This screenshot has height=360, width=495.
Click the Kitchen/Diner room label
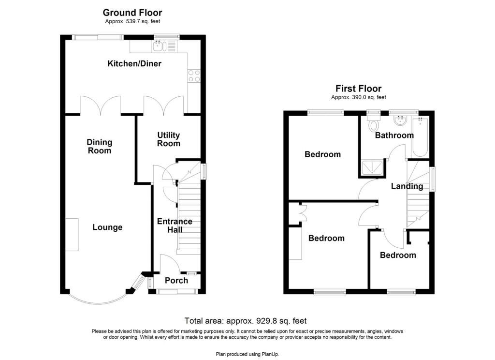pos(134,63)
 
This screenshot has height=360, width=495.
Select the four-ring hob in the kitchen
pos(194,75)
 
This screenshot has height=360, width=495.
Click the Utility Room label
pos(169,139)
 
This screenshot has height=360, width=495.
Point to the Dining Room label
pos(100,146)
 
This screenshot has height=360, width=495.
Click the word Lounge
pos(107,227)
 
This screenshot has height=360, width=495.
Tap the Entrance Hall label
pos(175,225)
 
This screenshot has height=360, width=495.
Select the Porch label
pos(176,280)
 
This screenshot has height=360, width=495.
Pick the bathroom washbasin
pos(401,120)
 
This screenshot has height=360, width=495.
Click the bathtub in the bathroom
pos(420,136)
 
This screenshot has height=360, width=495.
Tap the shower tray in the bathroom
pos(372,167)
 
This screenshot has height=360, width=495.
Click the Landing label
pos(407,186)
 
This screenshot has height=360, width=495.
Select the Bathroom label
pos(394,135)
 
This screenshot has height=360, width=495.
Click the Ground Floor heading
pos(132,13)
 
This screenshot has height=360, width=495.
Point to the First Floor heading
pos(358,89)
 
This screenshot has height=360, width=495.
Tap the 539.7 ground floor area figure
pos(132,21)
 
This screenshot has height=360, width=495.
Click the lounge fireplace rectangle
pos(72,235)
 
